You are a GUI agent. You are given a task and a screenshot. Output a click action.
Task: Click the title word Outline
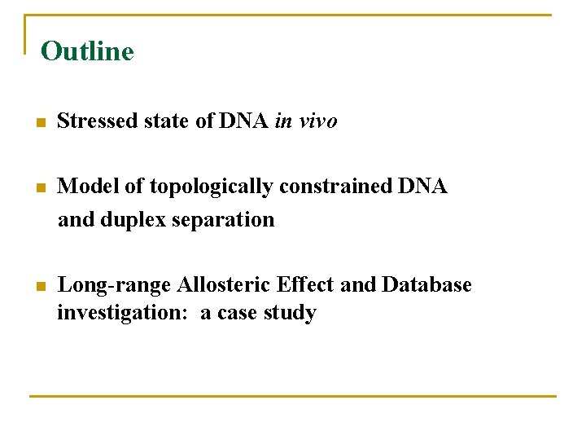[x=87, y=51]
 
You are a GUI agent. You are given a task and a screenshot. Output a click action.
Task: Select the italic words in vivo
[x=306, y=121]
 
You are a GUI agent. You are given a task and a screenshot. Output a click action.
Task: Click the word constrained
[x=335, y=187]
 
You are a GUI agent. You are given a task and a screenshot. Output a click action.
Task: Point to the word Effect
[x=306, y=284]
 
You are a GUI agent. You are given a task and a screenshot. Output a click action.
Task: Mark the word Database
[x=426, y=284]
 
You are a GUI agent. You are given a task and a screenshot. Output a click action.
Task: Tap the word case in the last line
[x=239, y=313]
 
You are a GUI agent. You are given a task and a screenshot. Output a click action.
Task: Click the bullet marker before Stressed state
[x=39, y=123]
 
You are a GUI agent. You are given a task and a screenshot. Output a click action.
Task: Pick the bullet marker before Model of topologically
[x=39, y=188]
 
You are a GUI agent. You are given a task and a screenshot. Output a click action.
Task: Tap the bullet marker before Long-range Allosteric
[x=39, y=286]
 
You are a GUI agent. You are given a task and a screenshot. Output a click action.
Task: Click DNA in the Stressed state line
[x=243, y=121]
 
